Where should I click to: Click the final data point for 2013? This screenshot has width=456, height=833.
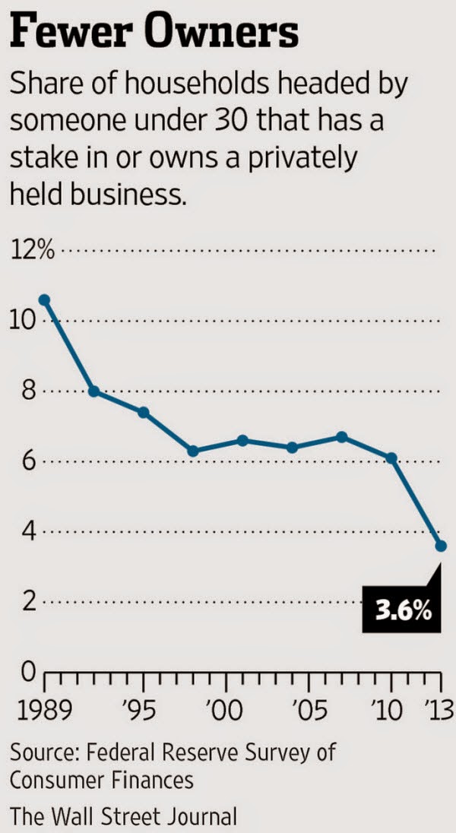(x=441, y=546)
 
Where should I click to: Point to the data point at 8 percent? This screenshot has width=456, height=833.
(x=93, y=391)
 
